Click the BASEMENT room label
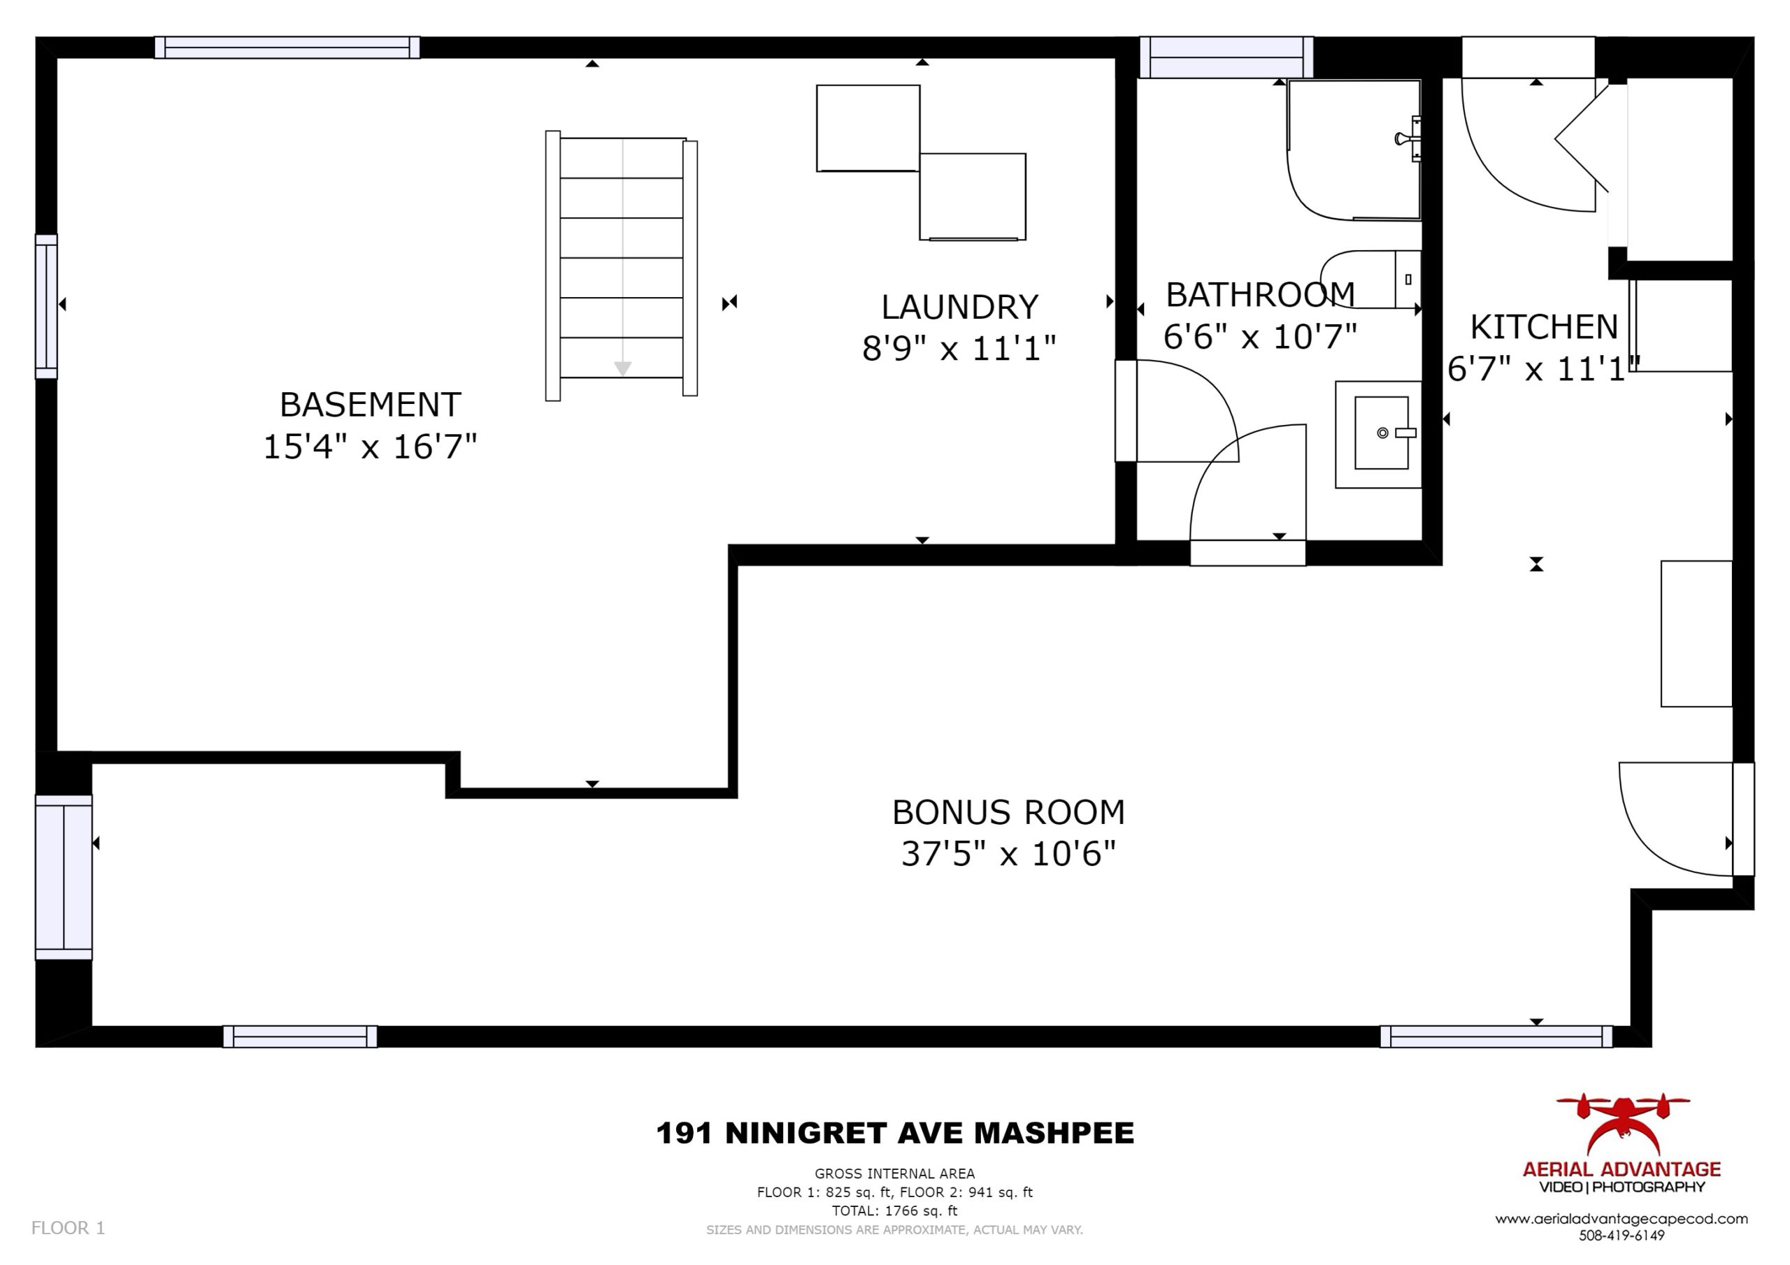click(371, 405)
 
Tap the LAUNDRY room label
click(960, 307)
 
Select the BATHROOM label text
click(1261, 295)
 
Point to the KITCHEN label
click(1545, 327)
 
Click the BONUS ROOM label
click(1009, 812)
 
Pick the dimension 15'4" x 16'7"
click(371, 447)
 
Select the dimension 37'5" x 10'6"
click(1009, 854)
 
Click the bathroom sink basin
click(1381, 433)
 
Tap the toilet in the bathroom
click(1370, 279)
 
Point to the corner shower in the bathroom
click(1354, 150)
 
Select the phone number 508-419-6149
click(1621, 1236)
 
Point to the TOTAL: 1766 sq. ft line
click(895, 1210)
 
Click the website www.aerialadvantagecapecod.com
click(1621, 1219)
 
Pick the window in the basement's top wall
click(287, 48)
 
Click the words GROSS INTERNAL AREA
click(895, 1173)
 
